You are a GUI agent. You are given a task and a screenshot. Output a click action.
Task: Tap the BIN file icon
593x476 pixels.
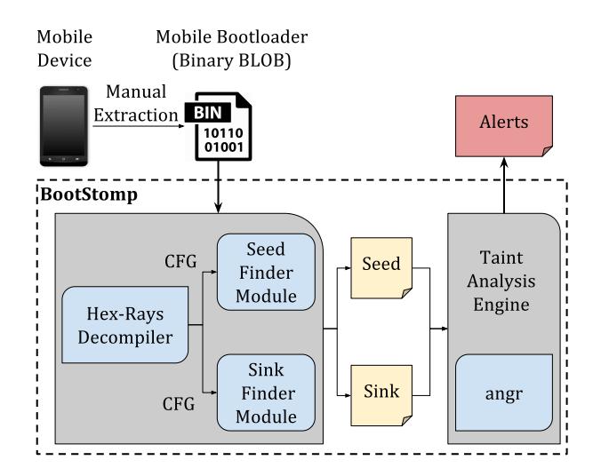218,133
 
